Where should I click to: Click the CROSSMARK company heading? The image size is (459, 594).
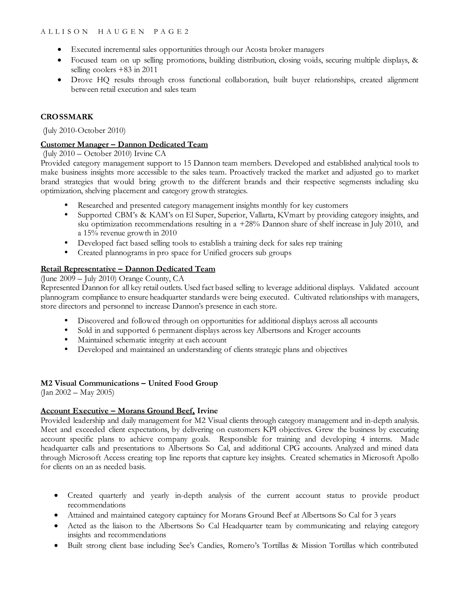click(x=67, y=117)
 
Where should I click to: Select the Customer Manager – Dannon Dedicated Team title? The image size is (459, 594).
click(x=124, y=144)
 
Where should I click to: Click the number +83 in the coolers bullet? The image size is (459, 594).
click(x=125, y=70)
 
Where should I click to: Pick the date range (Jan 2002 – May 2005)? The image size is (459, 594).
click(x=78, y=392)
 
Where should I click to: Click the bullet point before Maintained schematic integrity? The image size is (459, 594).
click(x=66, y=340)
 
